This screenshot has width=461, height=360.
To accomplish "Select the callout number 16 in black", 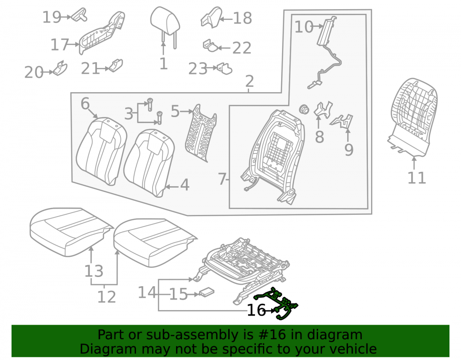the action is click(256, 310).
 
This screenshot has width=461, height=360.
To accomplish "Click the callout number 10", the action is click(304, 27).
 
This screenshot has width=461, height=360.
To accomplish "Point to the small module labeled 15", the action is click(207, 292).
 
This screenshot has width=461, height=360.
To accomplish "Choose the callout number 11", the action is click(417, 178).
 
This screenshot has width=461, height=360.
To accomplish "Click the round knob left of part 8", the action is click(304, 109).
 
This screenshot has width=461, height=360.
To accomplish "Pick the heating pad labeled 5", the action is click(201, 133).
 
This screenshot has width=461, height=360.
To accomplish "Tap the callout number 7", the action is click(222, 179).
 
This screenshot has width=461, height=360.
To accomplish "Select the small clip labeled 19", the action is click(79, 15).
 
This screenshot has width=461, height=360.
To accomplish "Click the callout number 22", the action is click(242, 48).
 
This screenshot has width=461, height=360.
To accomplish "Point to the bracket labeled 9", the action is click(343, 121).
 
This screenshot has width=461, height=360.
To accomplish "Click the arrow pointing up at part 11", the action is click(414, 163).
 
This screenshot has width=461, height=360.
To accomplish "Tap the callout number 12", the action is click(106, 297).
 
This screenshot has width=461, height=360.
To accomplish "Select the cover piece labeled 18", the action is click(211, 18).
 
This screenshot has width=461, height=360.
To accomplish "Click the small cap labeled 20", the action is click(60, 68).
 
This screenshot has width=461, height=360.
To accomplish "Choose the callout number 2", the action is click(249, 81).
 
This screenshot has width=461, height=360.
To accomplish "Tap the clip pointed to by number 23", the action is click(225, 69).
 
